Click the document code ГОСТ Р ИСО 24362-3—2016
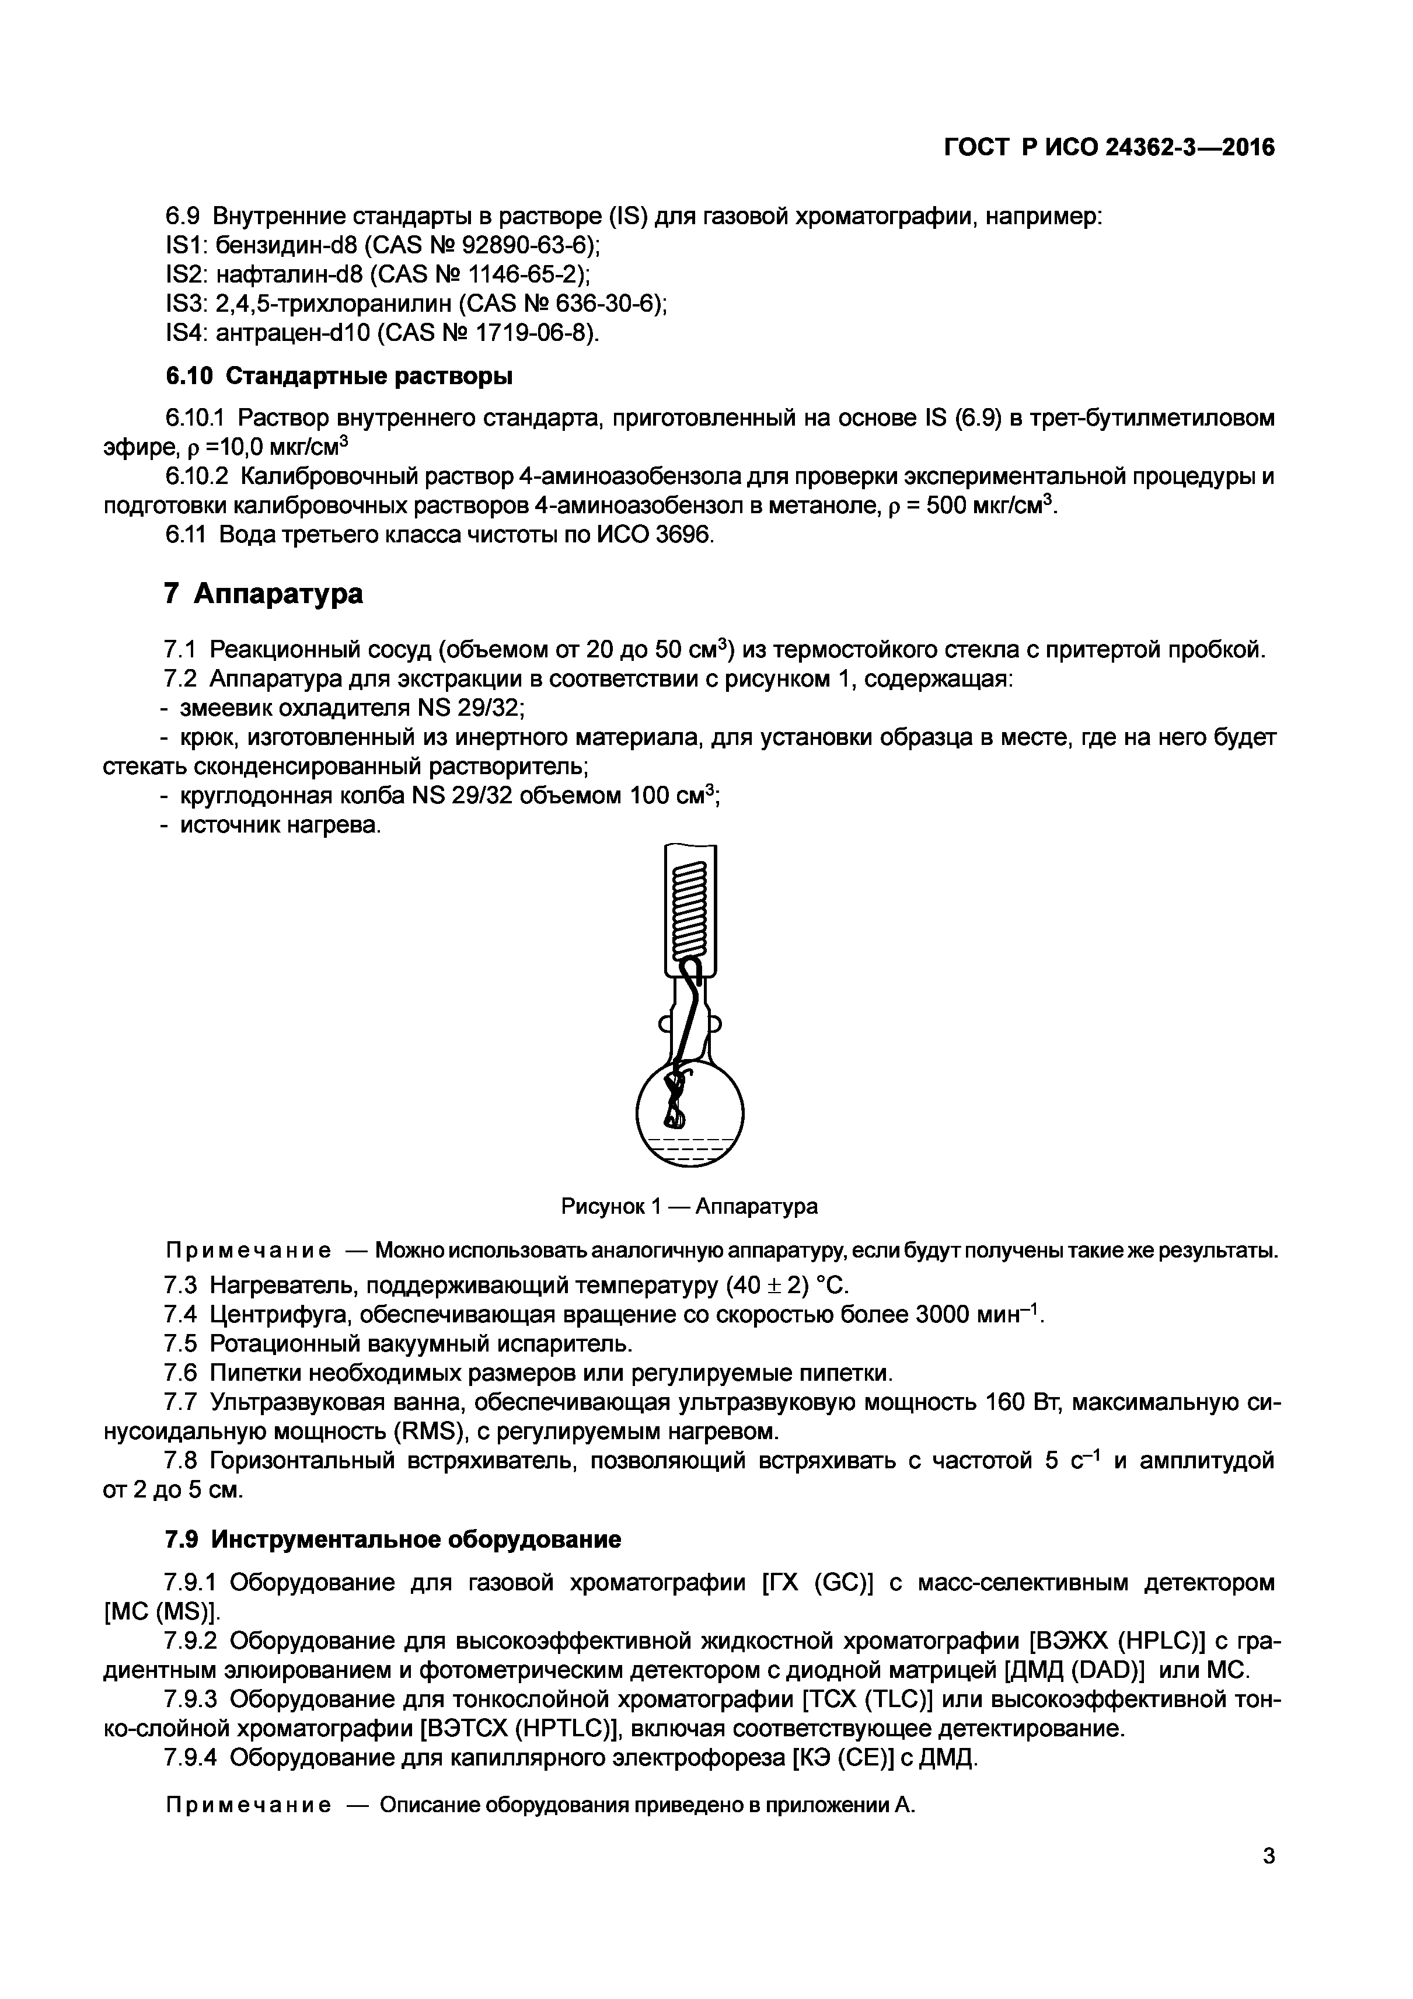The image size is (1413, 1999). [x=1109, y=148]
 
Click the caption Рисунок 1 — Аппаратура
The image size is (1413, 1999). [x=689, y=1206]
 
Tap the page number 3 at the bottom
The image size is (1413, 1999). [x=1268, y=1856]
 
